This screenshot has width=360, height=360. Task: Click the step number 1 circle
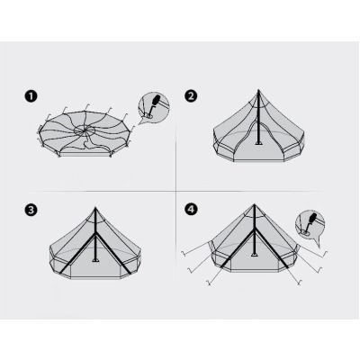(x=31, y=97)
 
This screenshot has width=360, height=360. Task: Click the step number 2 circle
(x=191, y=96)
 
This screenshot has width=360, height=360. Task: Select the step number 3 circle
(x=31, y=210)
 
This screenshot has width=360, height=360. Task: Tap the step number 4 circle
(x=191, y=209)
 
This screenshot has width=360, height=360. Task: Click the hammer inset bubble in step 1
(x=153, y=108)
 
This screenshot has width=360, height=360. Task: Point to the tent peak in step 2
(x=258, y=90)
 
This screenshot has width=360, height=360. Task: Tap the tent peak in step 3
(x=95, y=208)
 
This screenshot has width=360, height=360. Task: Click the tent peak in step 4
(x=255, y=205)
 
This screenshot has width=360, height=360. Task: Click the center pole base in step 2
(x=258, y=143)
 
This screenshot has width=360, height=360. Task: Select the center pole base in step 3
(x=95, y=260)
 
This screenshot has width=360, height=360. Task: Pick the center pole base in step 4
(x=255, y=255)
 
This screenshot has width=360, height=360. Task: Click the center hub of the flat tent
(x=85, y=130)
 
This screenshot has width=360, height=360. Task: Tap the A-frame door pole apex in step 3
(x=95, y=235)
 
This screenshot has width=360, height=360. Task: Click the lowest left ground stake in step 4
(x=209, y=283)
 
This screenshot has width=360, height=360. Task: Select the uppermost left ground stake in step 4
(x=184, y=254)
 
